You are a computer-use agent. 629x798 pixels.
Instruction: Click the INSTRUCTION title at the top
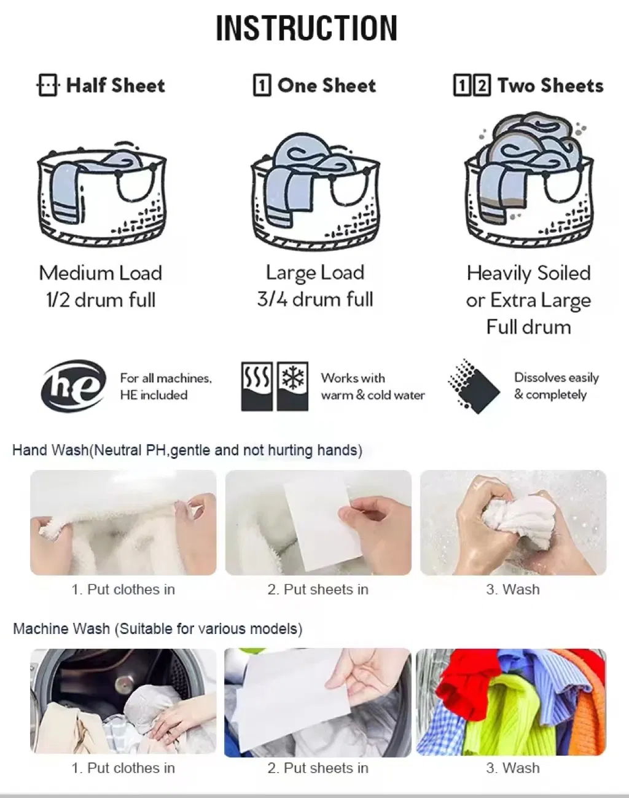click(307, 28)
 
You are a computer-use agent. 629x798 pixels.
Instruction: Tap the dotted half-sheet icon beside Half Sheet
click(48, 85)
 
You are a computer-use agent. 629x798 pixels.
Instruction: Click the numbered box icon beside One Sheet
click(262, 85)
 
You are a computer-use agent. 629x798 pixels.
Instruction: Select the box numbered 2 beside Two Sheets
click(482, 85)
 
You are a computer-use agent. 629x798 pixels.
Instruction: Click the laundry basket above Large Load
click(315, 190)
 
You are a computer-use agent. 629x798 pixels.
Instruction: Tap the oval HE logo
click(74, 386)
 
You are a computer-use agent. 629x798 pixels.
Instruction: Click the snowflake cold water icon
click(292, 386)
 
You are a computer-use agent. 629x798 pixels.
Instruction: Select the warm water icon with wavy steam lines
click(257, 386)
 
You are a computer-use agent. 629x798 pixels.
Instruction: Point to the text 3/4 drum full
click(315, 299)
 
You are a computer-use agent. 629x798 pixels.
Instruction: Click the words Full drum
click(529, 327)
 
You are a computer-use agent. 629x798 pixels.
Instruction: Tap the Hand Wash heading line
click(187, 450)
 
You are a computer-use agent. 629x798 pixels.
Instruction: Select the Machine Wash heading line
click(158, 628)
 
